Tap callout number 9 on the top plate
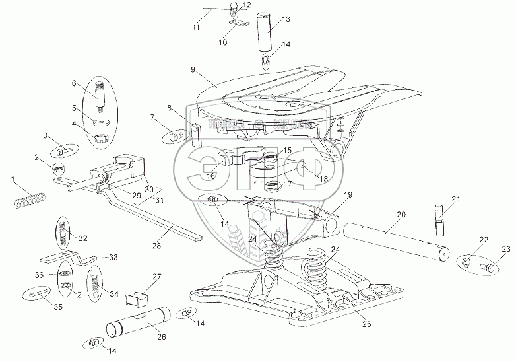[193, 68]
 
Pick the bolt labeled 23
[492, 268]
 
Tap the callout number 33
[113, 256]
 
